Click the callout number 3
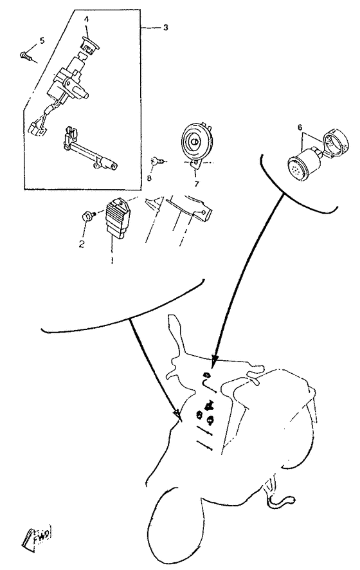(x=166, y=28)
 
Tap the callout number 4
(x=86, y=19)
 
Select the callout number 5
(x=42, y=41)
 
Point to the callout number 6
(x=300, y=127)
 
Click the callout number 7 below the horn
(x=197, y=184)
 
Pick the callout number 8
(x=148, y=178)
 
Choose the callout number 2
(x=82, y=244)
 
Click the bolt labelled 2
(x=88, y=217)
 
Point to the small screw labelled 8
(x=159, y=160)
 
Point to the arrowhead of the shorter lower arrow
(x=177, y=414)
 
